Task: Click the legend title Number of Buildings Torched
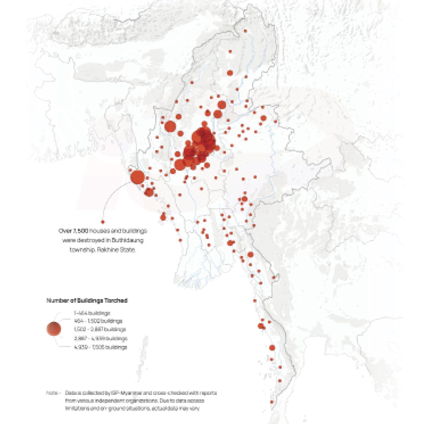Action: pos(87,301)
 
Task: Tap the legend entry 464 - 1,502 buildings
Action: pos(98,321)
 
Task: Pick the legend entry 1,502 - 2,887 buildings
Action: pos(100,329)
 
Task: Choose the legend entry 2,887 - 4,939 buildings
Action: pos(101,338)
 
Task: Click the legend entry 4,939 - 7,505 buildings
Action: pos(100,347)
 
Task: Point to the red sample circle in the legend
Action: pos(53,329)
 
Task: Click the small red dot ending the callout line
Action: pos(102,222)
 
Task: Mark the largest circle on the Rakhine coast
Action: pos(138,178)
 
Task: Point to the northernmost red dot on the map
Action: pos(245,31)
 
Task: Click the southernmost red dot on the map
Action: pos(272,402)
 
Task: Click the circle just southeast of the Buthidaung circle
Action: pos(149,192)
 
